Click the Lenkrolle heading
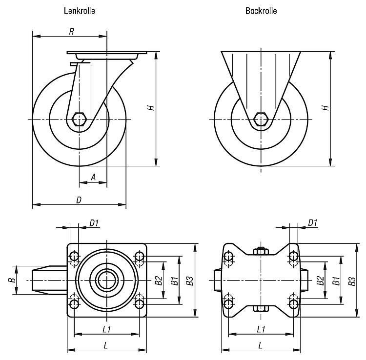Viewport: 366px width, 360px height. pos(80,11)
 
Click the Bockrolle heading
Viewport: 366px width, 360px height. pos(261,11)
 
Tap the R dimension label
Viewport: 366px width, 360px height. pos(72,32)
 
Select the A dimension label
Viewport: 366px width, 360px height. pos(93,177)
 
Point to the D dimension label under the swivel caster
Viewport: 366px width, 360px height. pos(79,200)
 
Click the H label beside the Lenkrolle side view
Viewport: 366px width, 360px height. pos(151,107)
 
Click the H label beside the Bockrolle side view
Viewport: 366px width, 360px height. pos(325,107)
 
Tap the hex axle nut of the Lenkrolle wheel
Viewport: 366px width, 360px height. pos(79,119)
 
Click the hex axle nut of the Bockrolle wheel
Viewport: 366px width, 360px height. pos(261,119)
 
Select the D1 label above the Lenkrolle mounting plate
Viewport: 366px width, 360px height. pos(94,223)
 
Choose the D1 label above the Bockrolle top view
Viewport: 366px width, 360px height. pos(312,223)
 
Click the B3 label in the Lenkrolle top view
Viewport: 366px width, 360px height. pos(189,280)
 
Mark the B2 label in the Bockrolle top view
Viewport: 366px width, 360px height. pos(320,280)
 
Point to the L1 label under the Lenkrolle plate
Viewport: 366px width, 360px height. pos(107,329)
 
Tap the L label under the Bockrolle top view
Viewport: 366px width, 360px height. pos(261,345)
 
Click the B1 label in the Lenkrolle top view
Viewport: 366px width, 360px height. pos(175,280)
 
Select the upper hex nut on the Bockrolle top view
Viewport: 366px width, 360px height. pos(261,251)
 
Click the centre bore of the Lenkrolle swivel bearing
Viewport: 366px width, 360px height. pos(107,280)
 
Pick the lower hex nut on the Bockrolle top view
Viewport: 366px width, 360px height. pos(261,309)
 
